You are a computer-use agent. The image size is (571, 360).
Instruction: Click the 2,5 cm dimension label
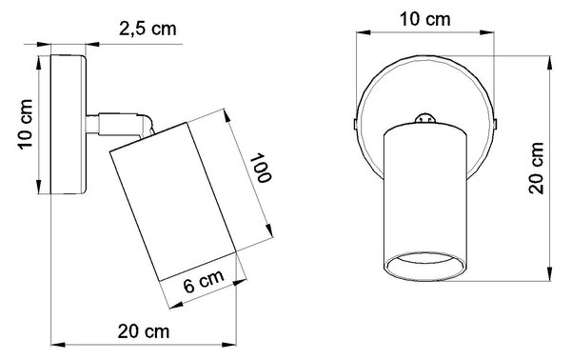click(148, 29)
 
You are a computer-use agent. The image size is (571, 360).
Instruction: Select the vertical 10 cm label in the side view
click(26, 124)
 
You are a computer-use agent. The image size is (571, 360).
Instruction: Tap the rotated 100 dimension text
click(261, 168)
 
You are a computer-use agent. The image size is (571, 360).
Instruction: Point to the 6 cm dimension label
click(204, 281)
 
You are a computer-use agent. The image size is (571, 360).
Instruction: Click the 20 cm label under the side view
click(144, 331)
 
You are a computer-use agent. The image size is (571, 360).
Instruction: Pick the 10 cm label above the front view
click(425, 19)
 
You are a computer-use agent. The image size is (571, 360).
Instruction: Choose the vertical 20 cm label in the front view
click(537, 168)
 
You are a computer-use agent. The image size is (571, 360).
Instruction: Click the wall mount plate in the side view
click(69, 124)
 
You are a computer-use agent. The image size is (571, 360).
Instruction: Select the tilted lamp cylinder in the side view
click(174, 202)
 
